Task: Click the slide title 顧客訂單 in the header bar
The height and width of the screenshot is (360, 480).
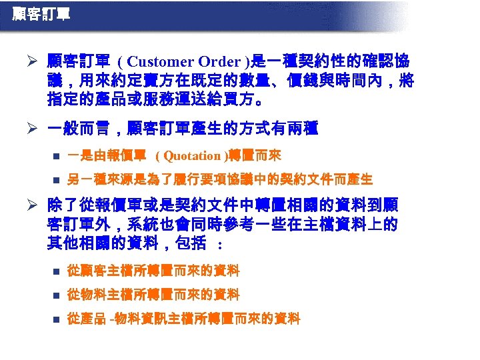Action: point(41,14)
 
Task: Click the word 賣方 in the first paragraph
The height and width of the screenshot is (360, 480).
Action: point(167,82)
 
